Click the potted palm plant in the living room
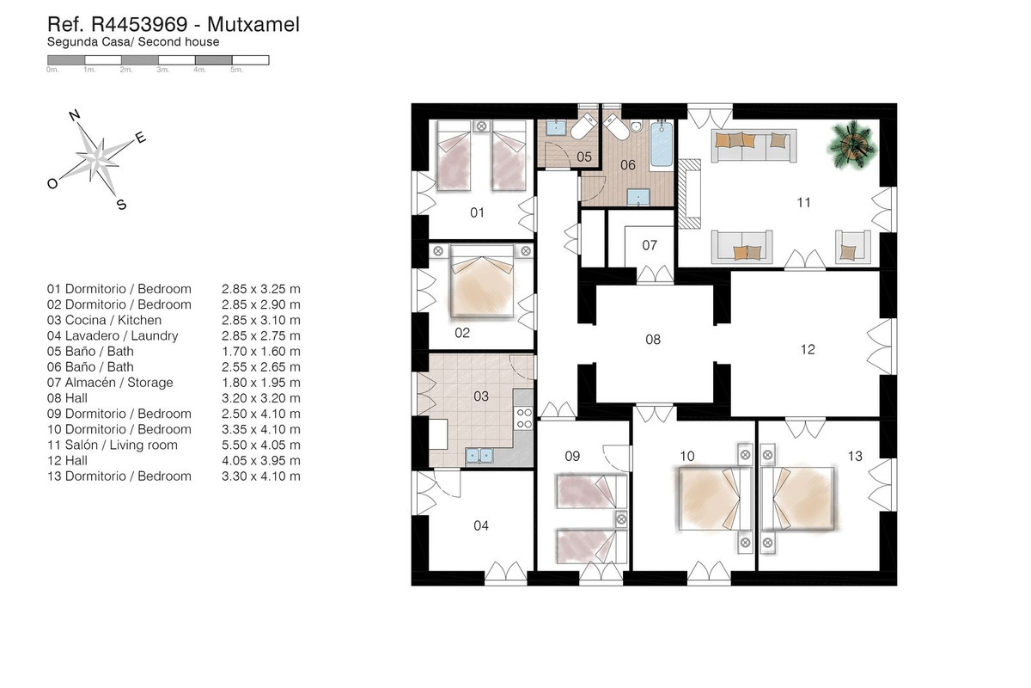(x=852, y=145)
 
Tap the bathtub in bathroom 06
(x=662, y=143)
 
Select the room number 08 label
(x=653, y=340)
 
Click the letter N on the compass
(x=75, y=114)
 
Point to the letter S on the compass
(x=121, y=204)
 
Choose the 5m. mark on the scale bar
(x=236, y=70)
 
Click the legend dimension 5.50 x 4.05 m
(x=261, y=445)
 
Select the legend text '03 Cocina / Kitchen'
(x=104, y=320)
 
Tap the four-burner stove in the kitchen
(x=524, y=418)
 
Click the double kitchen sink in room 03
(x=479, y=456)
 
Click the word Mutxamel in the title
(x=253, y=24)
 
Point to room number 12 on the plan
(x=808, y=349)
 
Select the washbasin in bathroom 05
(x=556, y=127)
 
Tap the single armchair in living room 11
(x=853, y=247)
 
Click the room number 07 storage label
(x=650, y=245)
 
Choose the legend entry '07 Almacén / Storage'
(x=110, y=383)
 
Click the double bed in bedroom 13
(x=797, y=499)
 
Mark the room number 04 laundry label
(x=481, y=525)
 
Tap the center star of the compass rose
(x=97, y=160)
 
